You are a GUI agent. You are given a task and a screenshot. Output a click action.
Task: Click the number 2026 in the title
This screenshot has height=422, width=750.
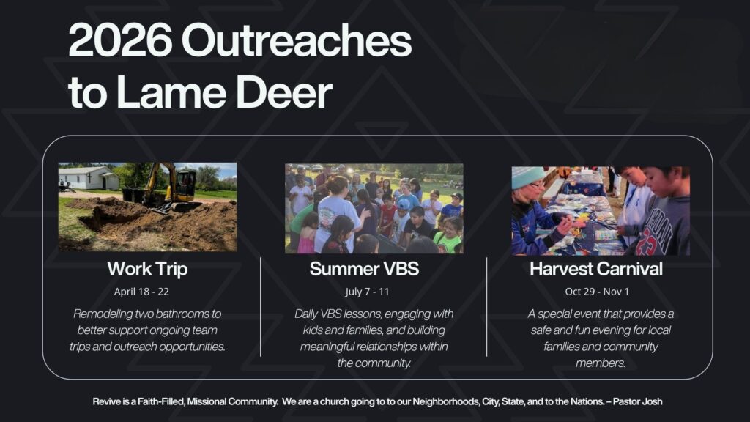point(121,40)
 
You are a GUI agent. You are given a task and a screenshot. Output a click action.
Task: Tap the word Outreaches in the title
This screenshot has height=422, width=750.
point(297,40)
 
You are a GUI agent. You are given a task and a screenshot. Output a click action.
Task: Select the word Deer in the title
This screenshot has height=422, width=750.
point(284,92)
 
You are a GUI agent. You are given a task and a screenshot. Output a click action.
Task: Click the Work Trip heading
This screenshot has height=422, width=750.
point(147,269)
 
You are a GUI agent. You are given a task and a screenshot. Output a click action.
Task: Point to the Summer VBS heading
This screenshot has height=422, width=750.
point(365,269)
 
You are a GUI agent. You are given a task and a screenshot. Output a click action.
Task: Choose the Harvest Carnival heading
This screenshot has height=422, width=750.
point(596,269)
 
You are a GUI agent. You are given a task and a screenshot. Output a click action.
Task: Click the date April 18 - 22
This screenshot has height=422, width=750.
point(141,292)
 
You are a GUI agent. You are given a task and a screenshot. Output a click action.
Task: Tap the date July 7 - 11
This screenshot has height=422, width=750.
point(368,292)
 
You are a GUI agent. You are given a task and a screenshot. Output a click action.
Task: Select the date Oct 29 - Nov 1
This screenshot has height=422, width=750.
point(597,292)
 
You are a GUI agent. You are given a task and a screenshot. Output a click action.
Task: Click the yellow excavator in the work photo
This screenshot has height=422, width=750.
point(172,189)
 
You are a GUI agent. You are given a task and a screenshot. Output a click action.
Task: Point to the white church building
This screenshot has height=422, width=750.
point(89,178)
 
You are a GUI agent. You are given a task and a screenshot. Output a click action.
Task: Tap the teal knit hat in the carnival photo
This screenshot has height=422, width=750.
point(527,177)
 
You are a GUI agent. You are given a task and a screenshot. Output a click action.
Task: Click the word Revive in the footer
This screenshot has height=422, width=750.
point(107,401)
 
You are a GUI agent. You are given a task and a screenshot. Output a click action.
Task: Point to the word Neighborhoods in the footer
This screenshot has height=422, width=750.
point(446,401)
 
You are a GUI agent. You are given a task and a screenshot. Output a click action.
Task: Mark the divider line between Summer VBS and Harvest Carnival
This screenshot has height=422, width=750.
point(487,307)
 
